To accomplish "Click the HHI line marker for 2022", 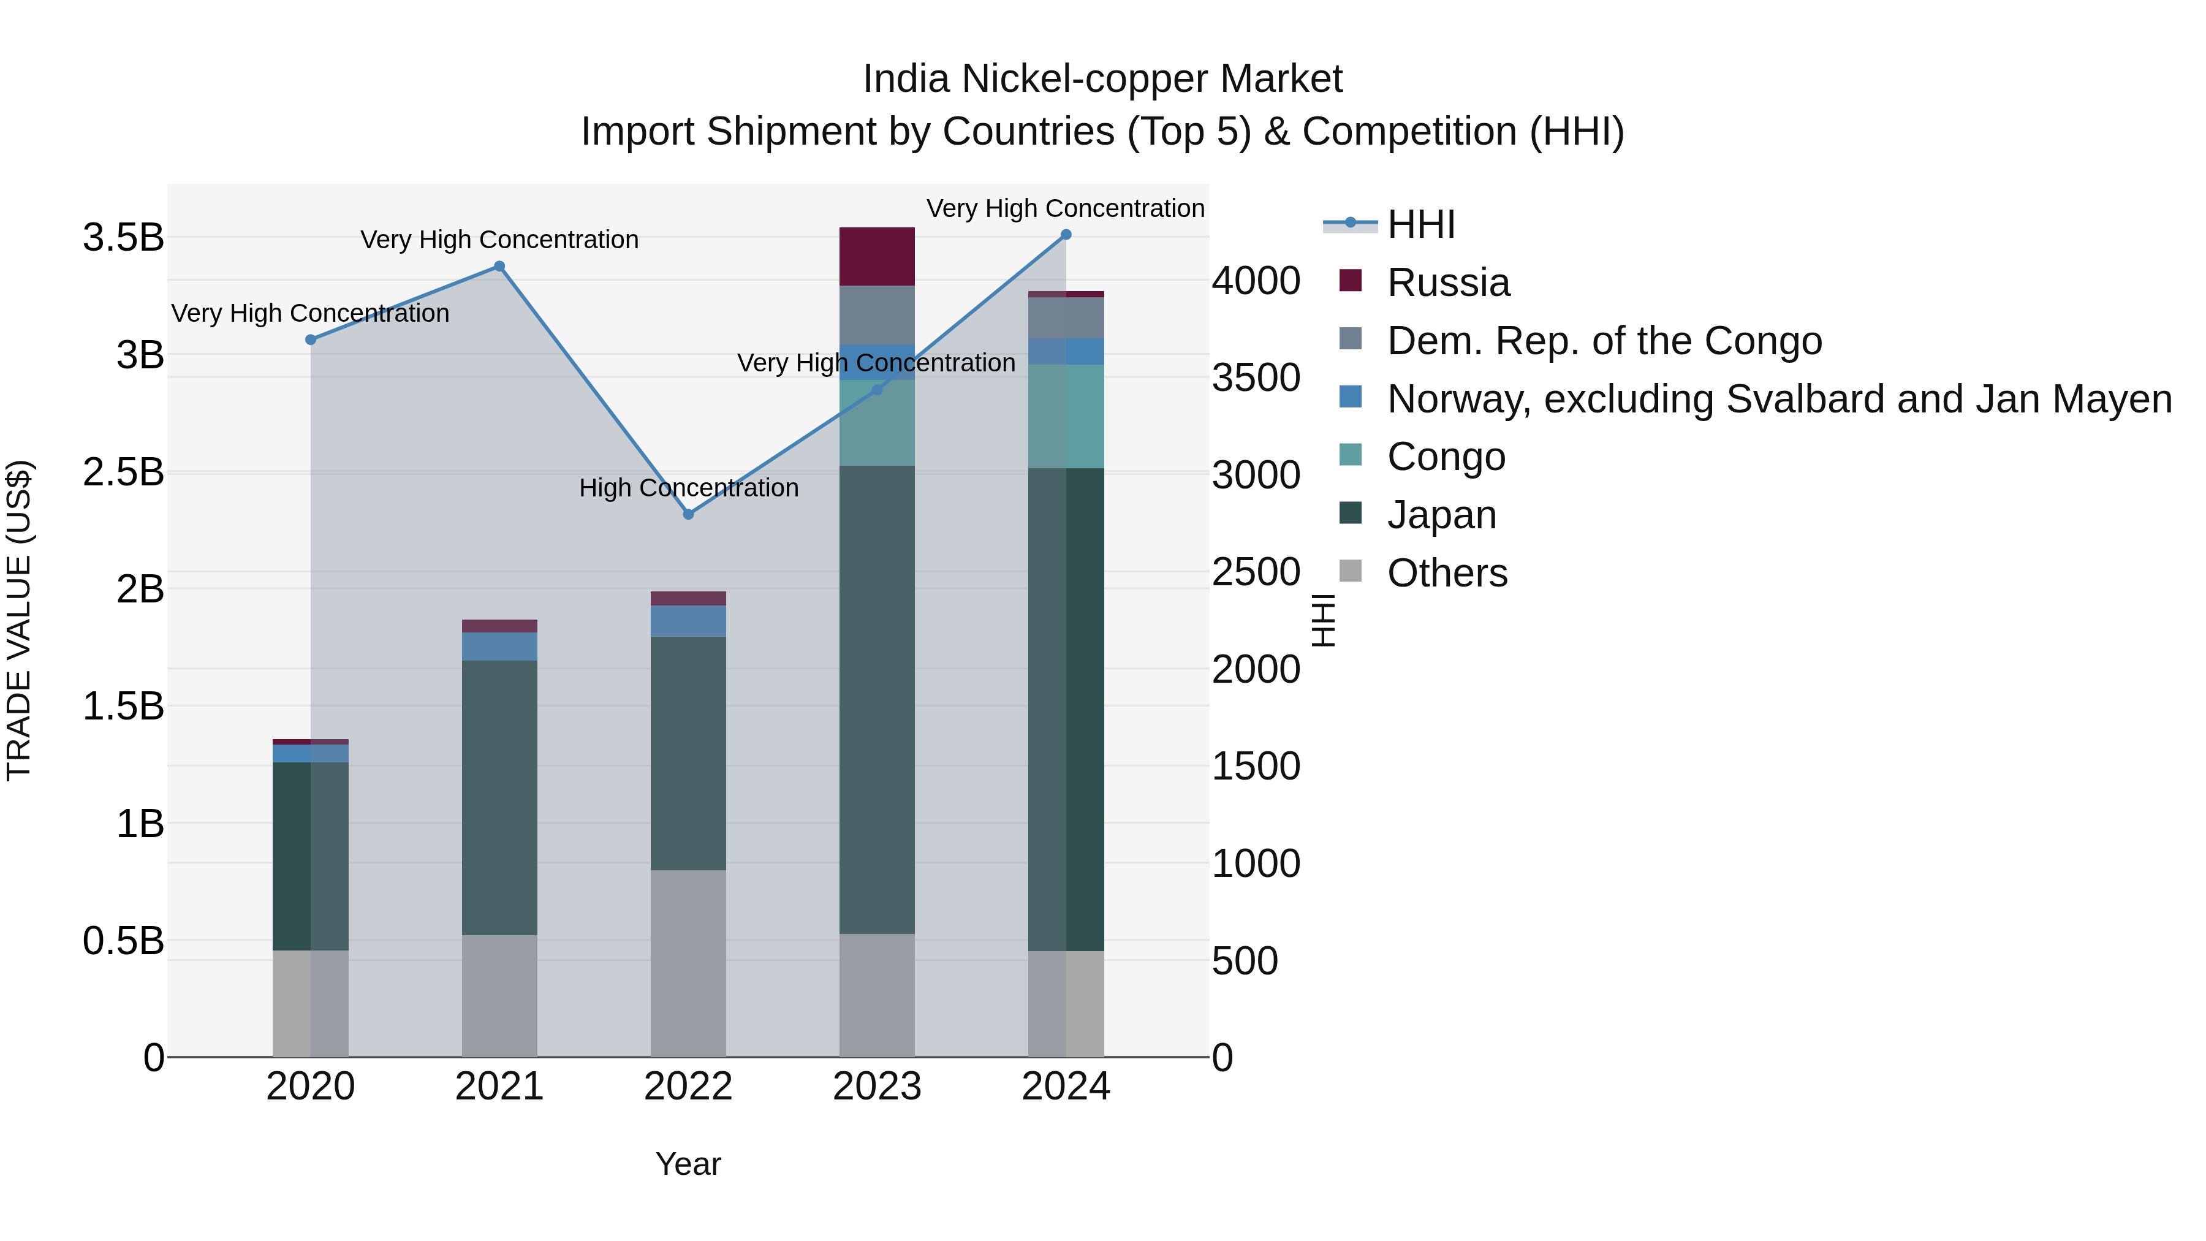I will coord(689,514).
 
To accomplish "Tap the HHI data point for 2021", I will coord(499,267).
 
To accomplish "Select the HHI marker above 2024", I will coord(1066,234).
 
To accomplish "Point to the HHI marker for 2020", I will coord(311,340).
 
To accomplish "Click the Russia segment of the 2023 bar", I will coord(877,256).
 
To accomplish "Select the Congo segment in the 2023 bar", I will coord(877,422).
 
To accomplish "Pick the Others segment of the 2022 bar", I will coord(689,963).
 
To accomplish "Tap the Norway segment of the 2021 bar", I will coord(499,646).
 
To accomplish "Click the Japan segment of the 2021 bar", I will coord(499,797).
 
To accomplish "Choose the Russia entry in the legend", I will coord(1448,283).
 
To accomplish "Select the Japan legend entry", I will coord(1441,515).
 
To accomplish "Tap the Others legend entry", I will coord(1447,573).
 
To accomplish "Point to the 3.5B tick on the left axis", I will coord(123,237).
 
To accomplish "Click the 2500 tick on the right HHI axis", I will coord(1256,572).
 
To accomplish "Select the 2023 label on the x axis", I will coord(877,1087).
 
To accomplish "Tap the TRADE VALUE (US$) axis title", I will coord(19,620).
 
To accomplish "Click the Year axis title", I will coord(689,1164).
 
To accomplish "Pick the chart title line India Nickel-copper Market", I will coord(1102,79).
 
